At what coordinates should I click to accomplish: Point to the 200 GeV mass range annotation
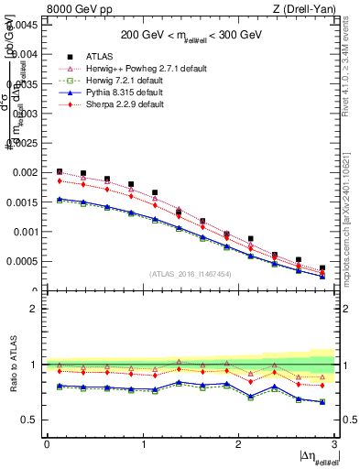point(192,36)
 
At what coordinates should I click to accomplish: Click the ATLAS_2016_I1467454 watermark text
point(191,274)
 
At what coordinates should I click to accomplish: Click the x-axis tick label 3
point(335,444)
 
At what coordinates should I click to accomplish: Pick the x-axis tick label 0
point(47,444)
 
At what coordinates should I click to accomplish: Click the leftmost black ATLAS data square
point(60,171)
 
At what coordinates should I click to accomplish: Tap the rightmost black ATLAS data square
point(322,268)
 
